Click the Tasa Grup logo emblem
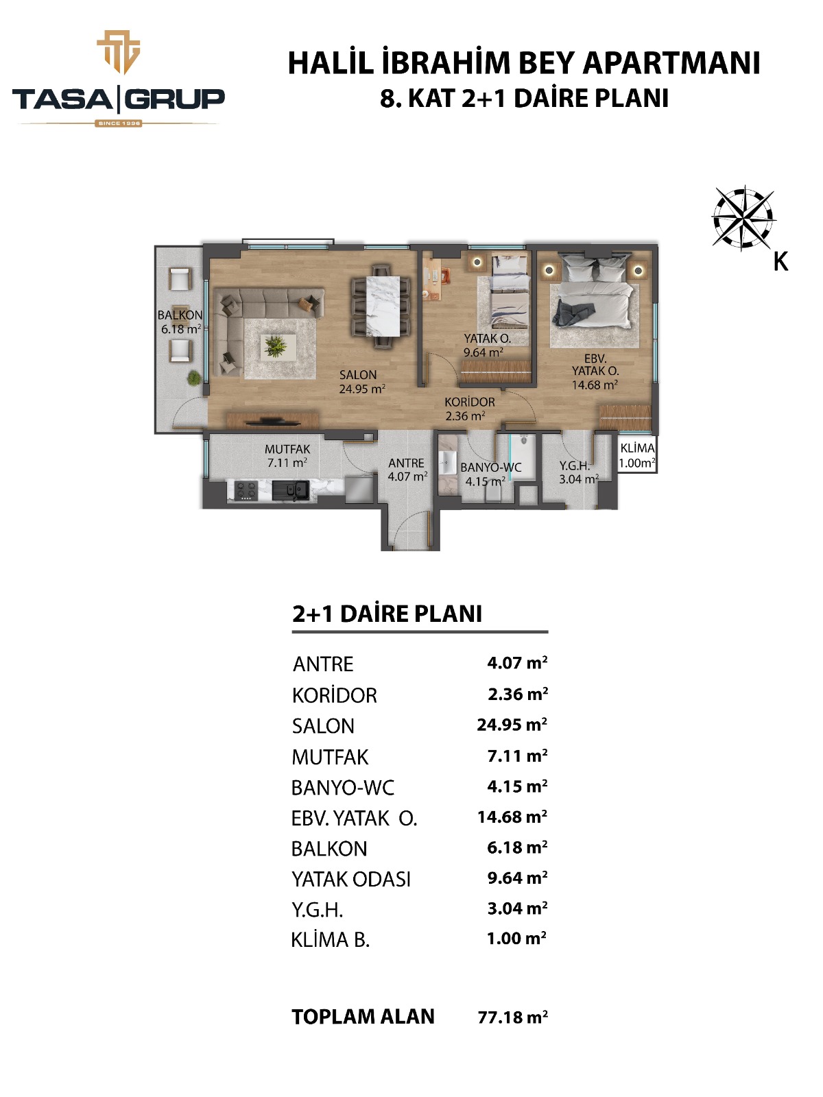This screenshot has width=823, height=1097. coord(119,52)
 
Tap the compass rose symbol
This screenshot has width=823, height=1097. coord(743,218)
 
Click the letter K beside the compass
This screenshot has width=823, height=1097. coord(781,261)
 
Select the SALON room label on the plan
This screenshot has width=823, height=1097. coord(358,375)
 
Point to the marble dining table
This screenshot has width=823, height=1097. coord(383,306)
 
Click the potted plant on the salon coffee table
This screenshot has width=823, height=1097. coord(275,346)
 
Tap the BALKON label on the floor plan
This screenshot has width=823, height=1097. coord(180,315)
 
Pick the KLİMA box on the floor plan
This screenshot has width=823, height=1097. coord(636,455)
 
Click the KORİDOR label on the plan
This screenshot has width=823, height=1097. coord(470,402)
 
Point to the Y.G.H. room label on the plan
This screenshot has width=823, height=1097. coord(575,466)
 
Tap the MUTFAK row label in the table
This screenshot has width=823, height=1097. coord(331,757)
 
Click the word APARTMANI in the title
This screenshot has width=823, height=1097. coord(671,64)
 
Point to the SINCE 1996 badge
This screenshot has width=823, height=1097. coord(119,123)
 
